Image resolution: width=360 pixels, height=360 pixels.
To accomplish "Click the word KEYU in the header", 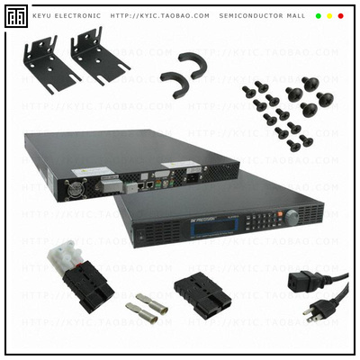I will pos(45,16).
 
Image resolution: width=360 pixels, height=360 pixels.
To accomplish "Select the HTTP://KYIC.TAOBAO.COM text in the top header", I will pos(159,16).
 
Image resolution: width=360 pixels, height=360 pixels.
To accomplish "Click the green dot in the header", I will pos(319,16).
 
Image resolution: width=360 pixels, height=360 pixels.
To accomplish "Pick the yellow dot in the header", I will pos(329,16).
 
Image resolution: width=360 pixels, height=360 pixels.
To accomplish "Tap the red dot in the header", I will pos(340,16).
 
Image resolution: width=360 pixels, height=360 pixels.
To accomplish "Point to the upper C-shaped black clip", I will pos(192,64).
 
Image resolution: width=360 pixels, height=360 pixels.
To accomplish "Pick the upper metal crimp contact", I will pos(150,298).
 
